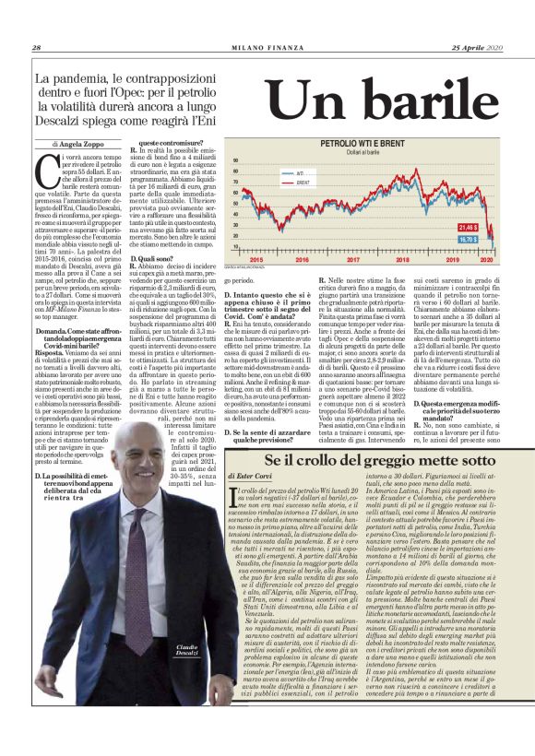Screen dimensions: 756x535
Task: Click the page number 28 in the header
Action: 36,48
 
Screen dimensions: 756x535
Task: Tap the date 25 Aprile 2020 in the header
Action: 477,48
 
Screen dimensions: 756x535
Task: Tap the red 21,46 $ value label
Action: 492,226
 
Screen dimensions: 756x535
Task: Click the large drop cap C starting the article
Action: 46,172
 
